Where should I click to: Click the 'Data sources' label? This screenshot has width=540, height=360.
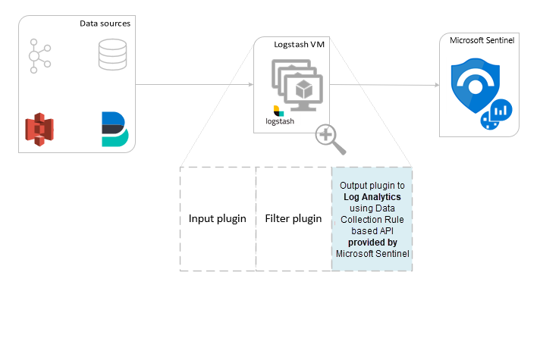(105, 23)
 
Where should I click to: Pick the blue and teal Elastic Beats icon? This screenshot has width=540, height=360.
(114, 128)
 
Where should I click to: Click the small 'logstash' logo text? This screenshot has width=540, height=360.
(279, 121)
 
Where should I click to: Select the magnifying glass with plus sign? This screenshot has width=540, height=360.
(330, 139)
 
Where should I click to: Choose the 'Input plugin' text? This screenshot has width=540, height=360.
(217, 219)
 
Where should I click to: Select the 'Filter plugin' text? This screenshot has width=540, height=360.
(294, 219)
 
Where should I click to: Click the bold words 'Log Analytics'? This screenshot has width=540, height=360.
(372, 197)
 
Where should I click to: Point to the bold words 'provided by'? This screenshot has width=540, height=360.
(372, 242)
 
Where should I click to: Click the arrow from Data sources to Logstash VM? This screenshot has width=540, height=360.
(194, 85)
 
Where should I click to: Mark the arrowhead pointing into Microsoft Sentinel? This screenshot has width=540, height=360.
(436, 86)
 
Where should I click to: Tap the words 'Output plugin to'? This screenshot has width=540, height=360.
(372, 186)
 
